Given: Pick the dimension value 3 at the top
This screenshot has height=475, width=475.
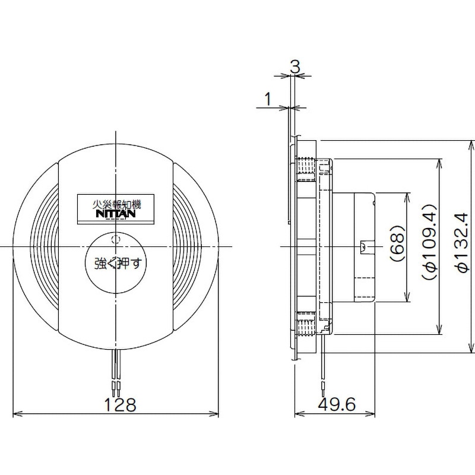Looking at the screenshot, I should pos(294,66).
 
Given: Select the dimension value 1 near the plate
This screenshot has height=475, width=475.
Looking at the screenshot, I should pos(268,98).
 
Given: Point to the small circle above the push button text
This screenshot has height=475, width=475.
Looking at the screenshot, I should pos(116,240).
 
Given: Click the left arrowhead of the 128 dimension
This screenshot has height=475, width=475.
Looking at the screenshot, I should pos(16,414).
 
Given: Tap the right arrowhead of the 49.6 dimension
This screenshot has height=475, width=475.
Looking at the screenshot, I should pos(372,414).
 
